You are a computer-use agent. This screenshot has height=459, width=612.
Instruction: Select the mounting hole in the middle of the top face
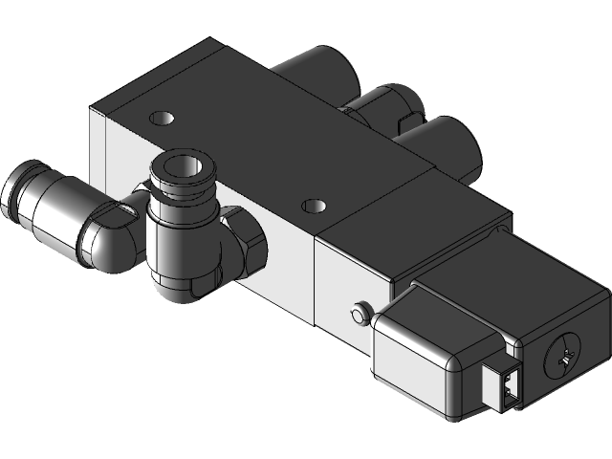tap(313, 205)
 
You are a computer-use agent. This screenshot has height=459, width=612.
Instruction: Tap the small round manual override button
tap(361, 313)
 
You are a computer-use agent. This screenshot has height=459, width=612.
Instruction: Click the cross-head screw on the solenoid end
tap(560, 359)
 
